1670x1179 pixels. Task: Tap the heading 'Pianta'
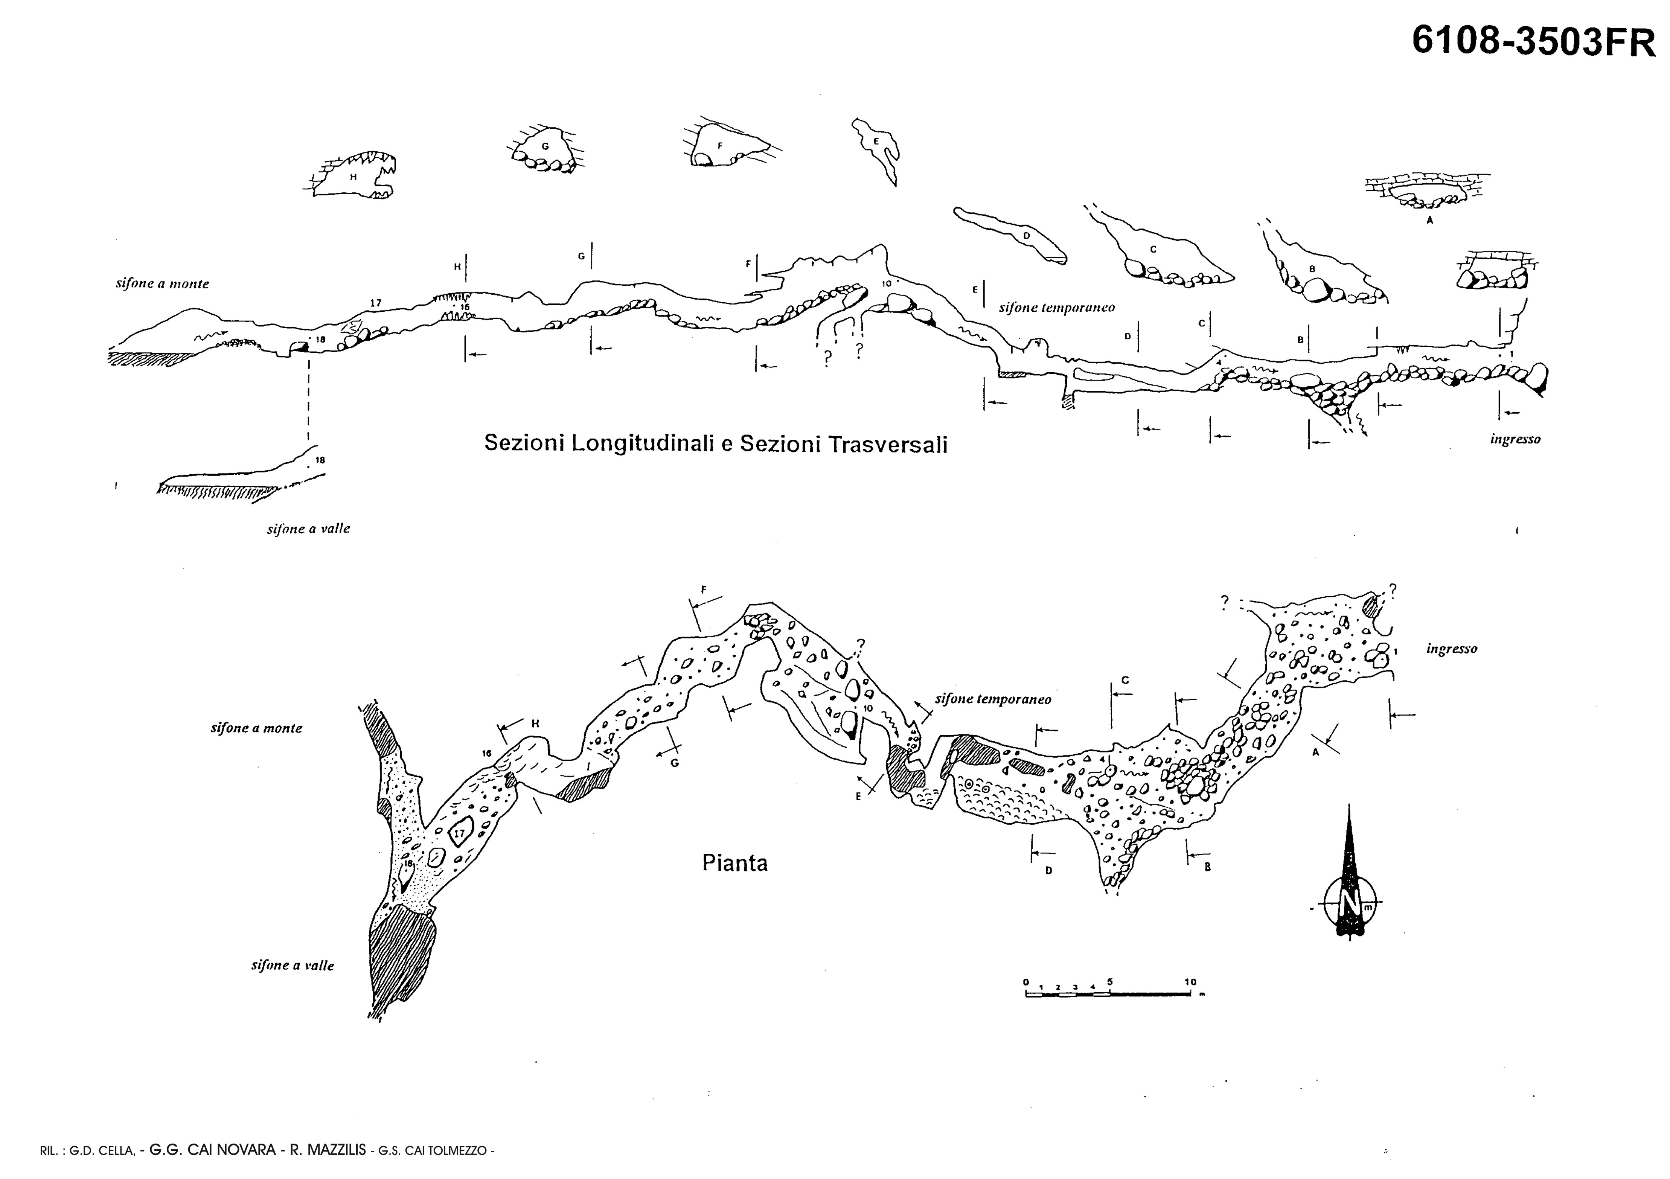click(x=734, y=863)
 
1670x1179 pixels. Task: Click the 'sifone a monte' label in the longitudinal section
click(x=162, y=284)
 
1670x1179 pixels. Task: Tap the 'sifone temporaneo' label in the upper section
click(x=1057, y=308)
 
